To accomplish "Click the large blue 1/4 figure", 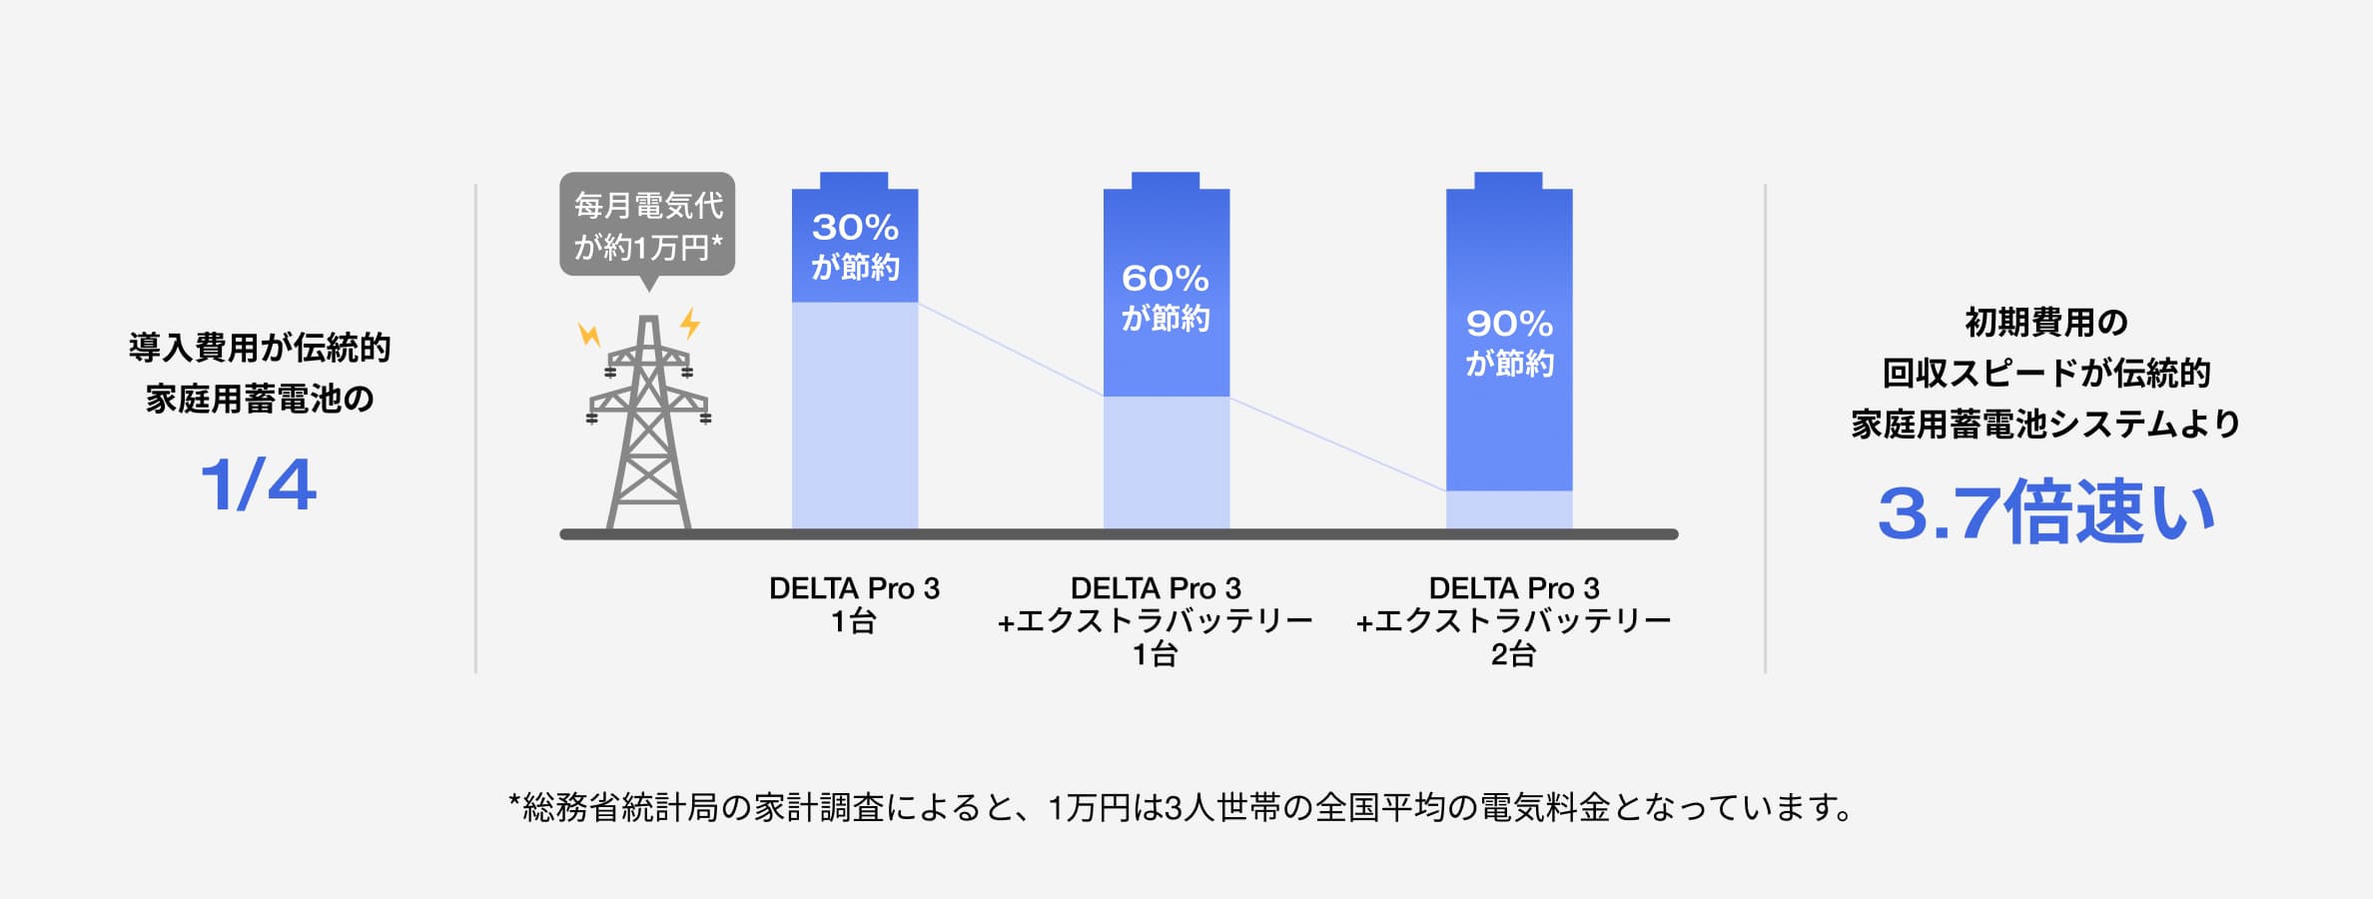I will point(259,486).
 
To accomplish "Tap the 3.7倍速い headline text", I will point(2046,513).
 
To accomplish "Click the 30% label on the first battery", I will point(855,228).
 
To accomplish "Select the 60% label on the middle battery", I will point(1165,278).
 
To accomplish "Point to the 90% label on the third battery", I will point(1509,324).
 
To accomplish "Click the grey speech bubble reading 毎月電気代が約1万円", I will point(647,226).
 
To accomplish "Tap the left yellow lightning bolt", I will point(589,334).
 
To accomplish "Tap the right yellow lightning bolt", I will point(690,324).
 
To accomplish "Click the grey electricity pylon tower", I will point(649,430).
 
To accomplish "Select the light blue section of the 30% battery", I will point(855,415).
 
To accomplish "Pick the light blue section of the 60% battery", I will point(1166,461).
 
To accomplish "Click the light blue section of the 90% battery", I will point(1509,509).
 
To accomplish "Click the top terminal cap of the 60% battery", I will point(1166,180).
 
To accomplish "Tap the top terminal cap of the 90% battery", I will point(1508,180).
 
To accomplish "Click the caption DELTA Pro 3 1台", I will point(854,604).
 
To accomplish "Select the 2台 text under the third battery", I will point(1512,655).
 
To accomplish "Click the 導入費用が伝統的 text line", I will point(260,348).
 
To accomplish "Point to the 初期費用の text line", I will point(2046,323).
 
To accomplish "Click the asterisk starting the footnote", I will point(515,800).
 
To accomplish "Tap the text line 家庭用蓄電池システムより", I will point(2046,425).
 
